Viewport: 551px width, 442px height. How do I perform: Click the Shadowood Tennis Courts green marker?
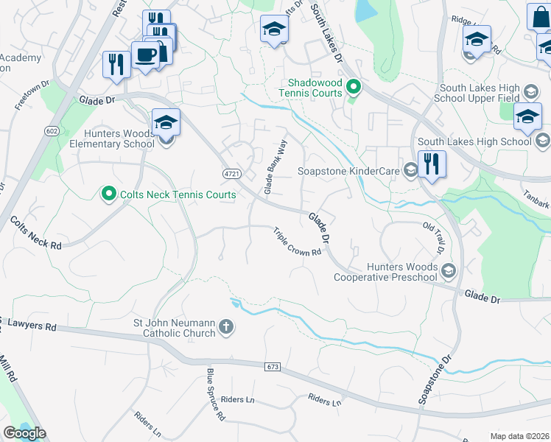point(353,88)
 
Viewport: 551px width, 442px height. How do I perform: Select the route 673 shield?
point(273,366)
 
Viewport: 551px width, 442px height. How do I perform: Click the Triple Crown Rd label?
point(298,241)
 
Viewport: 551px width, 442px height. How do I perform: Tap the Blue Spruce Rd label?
point(215,395)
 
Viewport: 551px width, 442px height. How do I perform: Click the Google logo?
point(24,433)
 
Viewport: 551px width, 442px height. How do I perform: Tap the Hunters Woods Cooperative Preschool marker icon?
point(449,272)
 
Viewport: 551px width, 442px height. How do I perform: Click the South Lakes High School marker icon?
point(542,141)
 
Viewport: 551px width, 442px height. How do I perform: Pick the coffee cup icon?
point(144,55)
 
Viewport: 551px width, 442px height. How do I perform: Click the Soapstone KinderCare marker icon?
point(411,171)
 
